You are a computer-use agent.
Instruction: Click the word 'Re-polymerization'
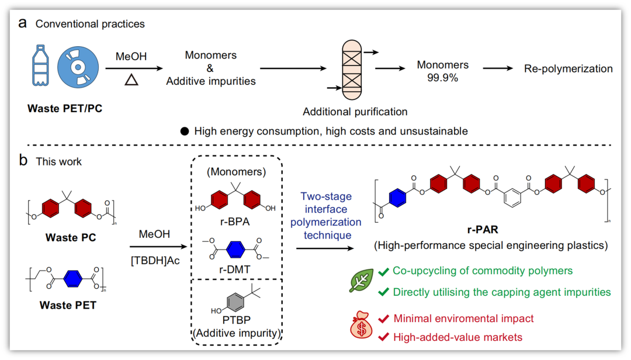[x=568, y=69]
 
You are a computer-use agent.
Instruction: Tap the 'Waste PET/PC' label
[x=65, y=108]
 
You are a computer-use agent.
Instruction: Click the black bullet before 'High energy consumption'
[x=184, y=131]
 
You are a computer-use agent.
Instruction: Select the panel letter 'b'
[x=23, y=161]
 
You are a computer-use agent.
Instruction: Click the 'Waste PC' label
[x=71, y=238]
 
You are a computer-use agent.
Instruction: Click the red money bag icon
[x=361, y=327]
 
